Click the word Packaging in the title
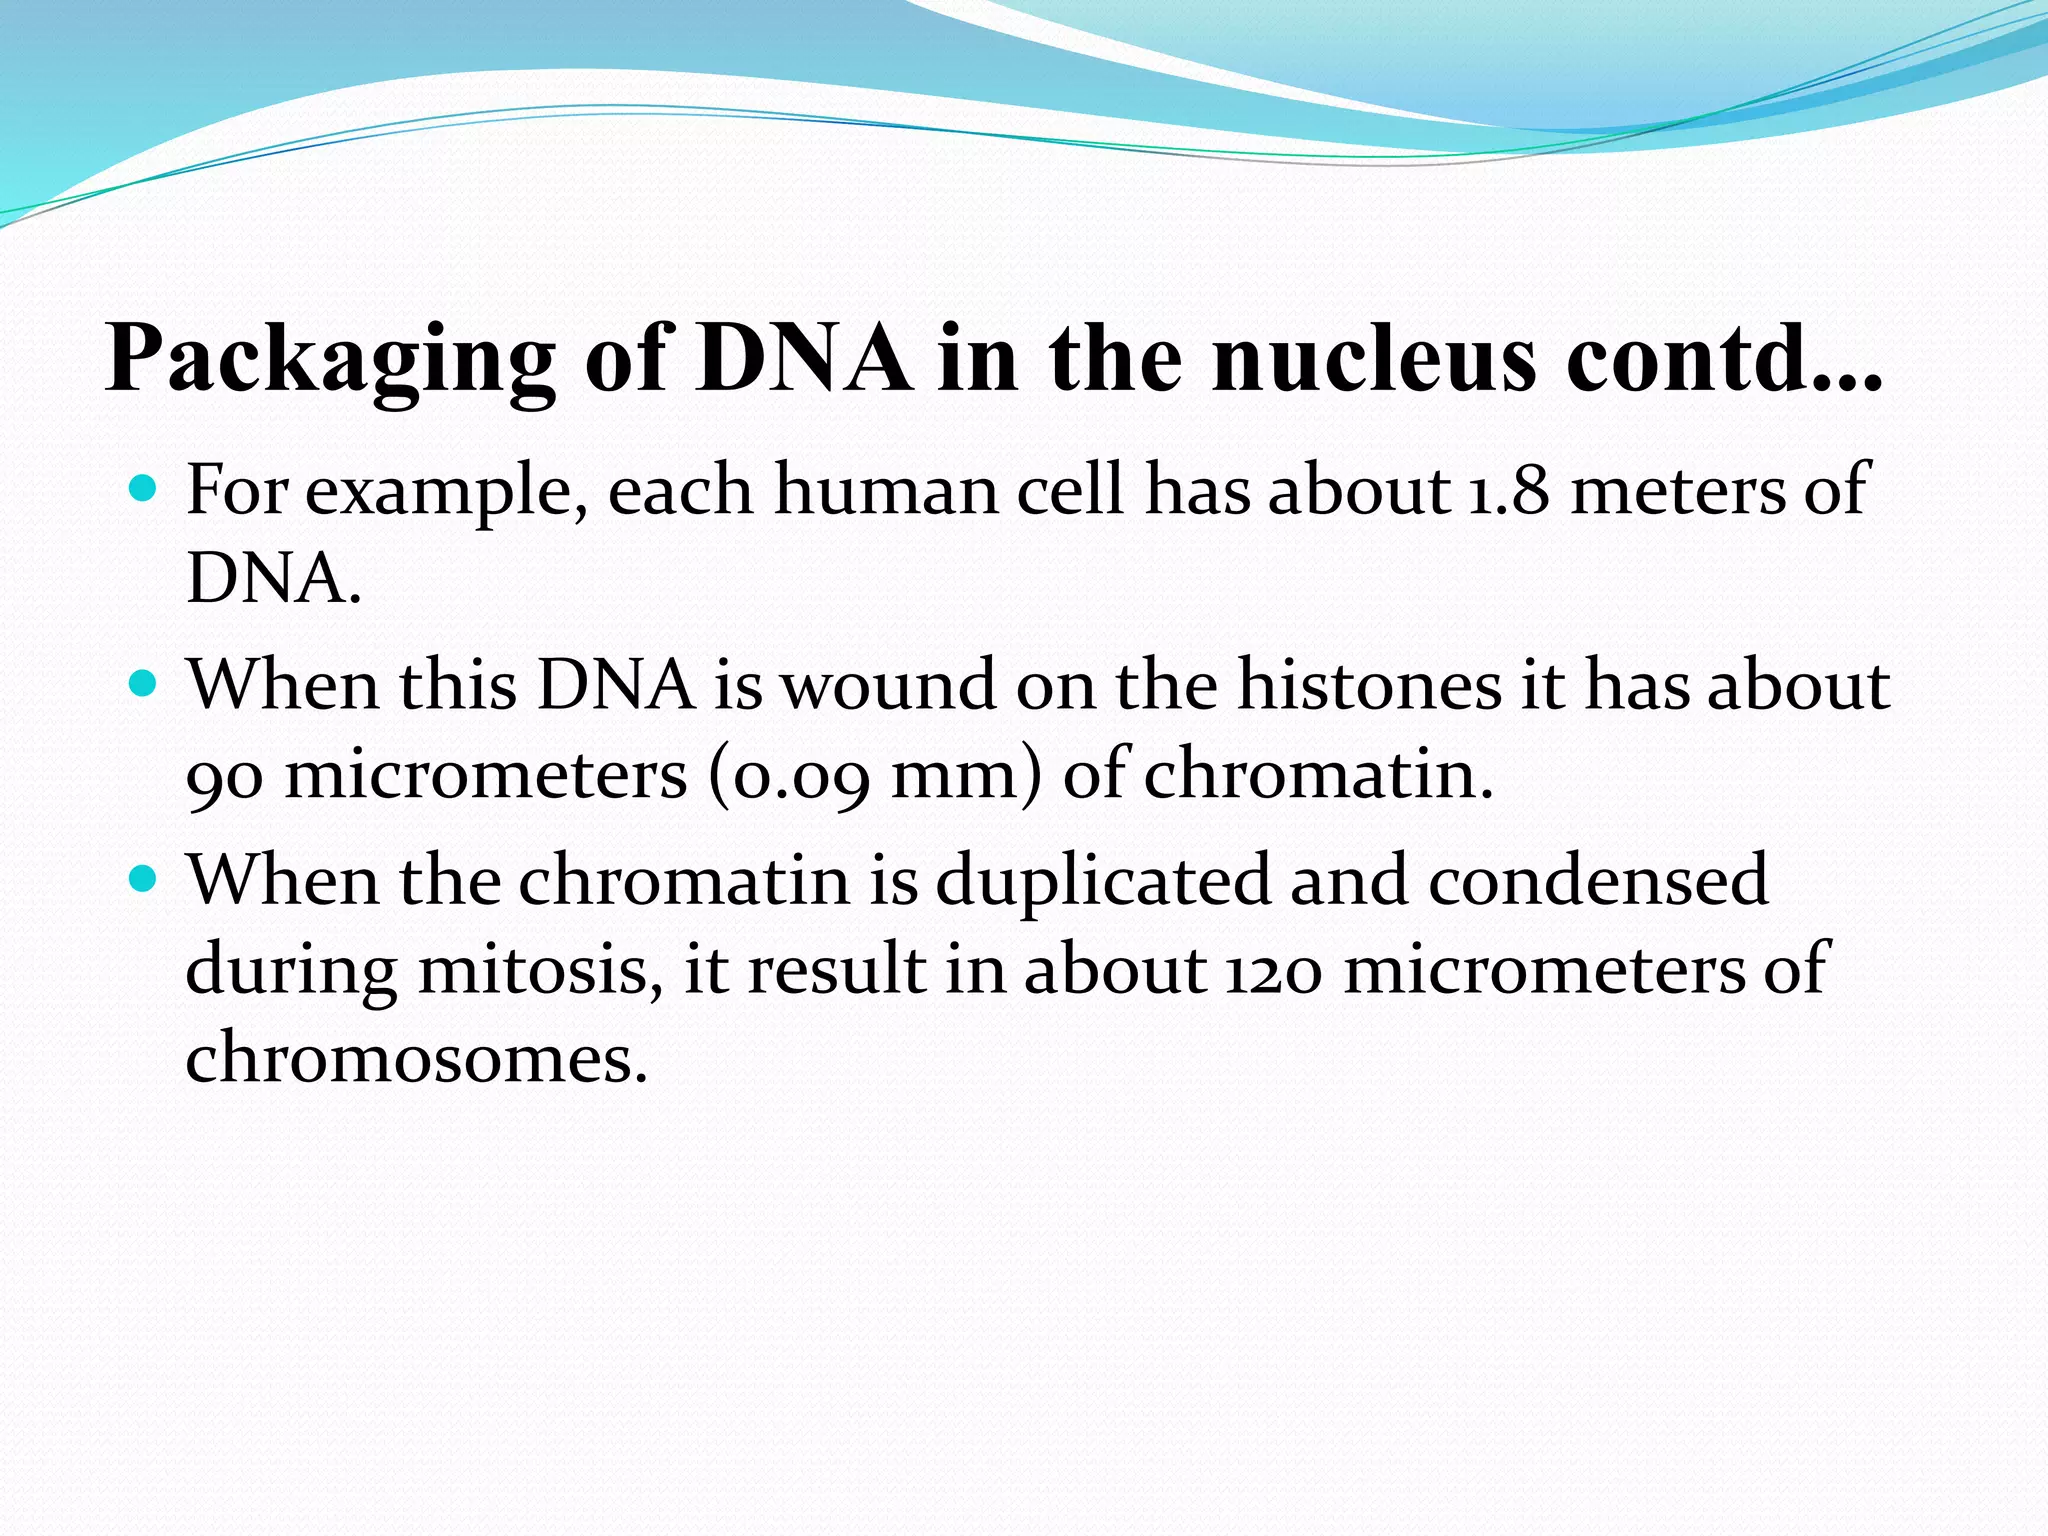point(330,360)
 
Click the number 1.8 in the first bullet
point(1507,490)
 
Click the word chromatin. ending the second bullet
point(1318,775)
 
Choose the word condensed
point(1597,880)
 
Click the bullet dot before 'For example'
point(144,489)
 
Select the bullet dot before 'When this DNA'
point(144,684)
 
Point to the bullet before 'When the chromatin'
point(144,879)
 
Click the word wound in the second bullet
point(888,686)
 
